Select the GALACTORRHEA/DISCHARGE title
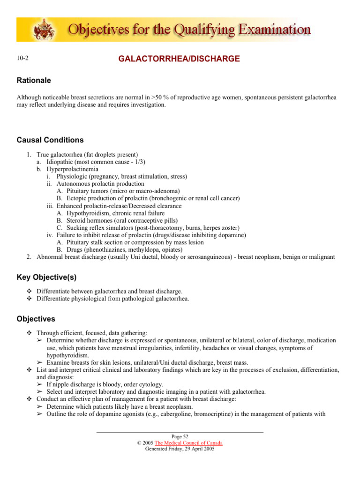pyautogui.click(x=180, y=59)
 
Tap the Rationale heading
pyautogui.click(x=34, y=81)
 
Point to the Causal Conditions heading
pyautogui.click(x=50, y=140)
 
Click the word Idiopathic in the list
pyautogui.click(x=61, y=162)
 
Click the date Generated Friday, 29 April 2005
pyautogui.click(x=180, y=449)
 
